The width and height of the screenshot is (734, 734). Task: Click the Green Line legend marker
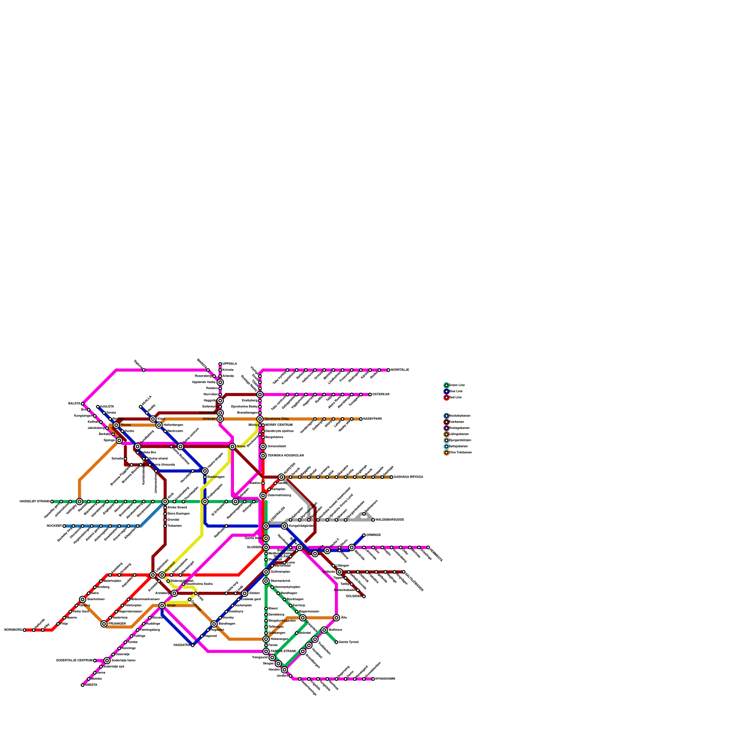[x=446, y=385]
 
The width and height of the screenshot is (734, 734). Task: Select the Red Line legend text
[x=456, y=398]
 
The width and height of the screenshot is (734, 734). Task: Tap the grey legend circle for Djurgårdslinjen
[x=446, y=440]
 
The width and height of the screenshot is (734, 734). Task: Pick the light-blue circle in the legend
[x=446, y=446]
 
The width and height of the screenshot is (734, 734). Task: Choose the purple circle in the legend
[x=446, y=428]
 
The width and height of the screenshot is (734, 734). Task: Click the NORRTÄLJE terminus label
[x=400, y=370]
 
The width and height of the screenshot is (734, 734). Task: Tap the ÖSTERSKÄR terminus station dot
[x=370, y=395]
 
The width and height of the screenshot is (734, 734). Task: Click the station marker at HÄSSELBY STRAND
[x=52, y=501]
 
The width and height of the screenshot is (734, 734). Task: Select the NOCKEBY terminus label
[x=54, y=526]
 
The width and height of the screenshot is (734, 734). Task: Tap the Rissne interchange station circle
[x=116, y=425]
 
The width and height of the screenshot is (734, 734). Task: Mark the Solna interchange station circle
[x=233, y=446]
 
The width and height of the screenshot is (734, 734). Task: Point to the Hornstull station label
[x=169, y=567]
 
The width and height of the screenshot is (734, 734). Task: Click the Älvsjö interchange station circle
[x=162, y=606]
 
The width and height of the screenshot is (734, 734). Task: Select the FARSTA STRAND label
[x=283, y=651]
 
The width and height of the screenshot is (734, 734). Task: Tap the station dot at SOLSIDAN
[x=364, y=596]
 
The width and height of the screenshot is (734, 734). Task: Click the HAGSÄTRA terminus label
[x=182, y=645]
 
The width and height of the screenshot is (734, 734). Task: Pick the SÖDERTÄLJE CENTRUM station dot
[x=95, y=661]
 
